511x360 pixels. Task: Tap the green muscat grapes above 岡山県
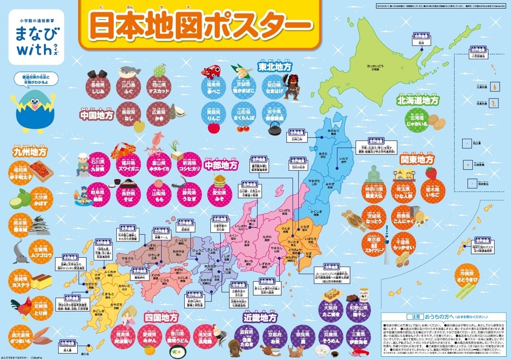point(159,70)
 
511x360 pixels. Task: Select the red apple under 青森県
point(211,128)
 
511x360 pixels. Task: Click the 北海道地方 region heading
point(417,100)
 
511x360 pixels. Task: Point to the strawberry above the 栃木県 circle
point(431,173)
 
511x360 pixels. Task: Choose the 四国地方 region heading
point(161,316)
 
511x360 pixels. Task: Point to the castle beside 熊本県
point(41,226)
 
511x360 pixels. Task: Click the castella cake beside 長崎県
point(41,281)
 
